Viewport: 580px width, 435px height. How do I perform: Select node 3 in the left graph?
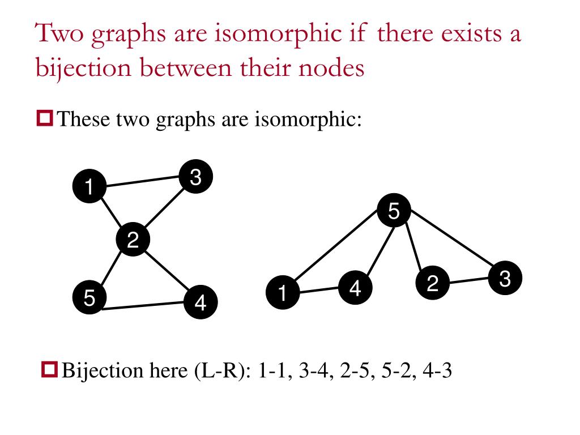click(195, 177)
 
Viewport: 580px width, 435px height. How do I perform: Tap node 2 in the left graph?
click(133, 241)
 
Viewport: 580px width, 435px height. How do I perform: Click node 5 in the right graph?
click(394, 211)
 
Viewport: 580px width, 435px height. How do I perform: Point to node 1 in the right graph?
click(282, 293)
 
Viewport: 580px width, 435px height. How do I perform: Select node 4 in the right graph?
click(355, 288)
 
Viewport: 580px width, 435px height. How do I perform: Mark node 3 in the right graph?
click(505, 278)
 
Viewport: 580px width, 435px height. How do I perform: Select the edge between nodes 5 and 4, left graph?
click(145, 306)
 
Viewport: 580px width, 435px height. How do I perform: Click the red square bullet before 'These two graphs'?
click(45, 118)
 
